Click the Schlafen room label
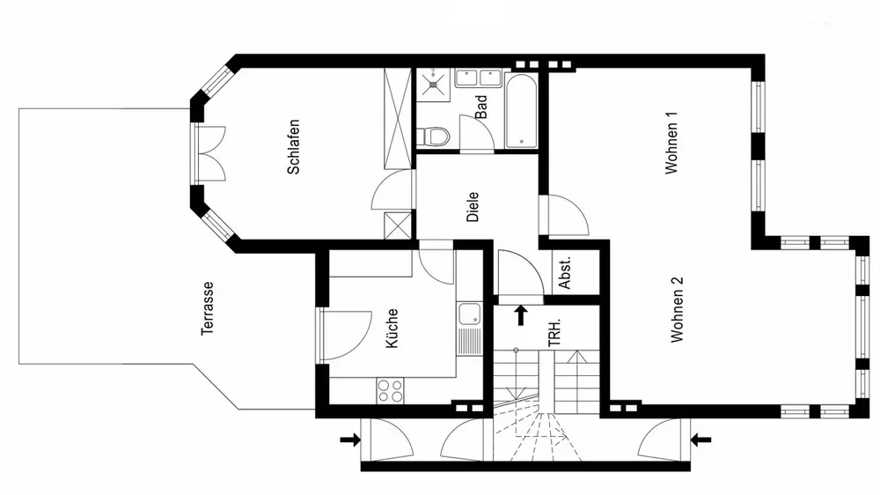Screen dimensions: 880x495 tap(294, 146)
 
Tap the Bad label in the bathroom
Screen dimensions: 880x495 tap(481, 107)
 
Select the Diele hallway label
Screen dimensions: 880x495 tap(473, 207)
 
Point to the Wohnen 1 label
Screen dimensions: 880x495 tap(671, 142)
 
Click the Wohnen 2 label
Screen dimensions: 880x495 tap(678, 309)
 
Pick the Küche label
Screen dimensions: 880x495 tap(392, 329)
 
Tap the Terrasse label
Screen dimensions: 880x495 tap(208, 308)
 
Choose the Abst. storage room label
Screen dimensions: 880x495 tap(565, 273)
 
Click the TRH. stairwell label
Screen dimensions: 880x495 tap(554, 333)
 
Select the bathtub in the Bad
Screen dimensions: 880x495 tap(521, 111)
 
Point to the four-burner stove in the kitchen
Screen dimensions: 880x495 tap(390, 390)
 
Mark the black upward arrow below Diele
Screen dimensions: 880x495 tap(521, 315)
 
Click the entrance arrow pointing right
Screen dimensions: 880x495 tap(350, 440)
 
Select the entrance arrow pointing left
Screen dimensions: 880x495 tap(700, 440)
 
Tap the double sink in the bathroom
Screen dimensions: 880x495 tap(478, 78)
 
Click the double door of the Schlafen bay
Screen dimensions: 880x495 tap(211, 153)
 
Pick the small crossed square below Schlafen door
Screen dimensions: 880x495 tap(398, 225)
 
